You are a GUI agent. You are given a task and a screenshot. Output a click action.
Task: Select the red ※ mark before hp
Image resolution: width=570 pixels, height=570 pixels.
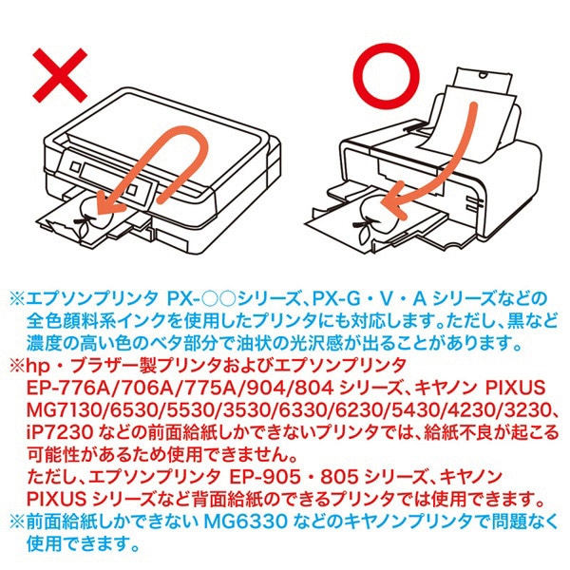click(22, 366)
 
